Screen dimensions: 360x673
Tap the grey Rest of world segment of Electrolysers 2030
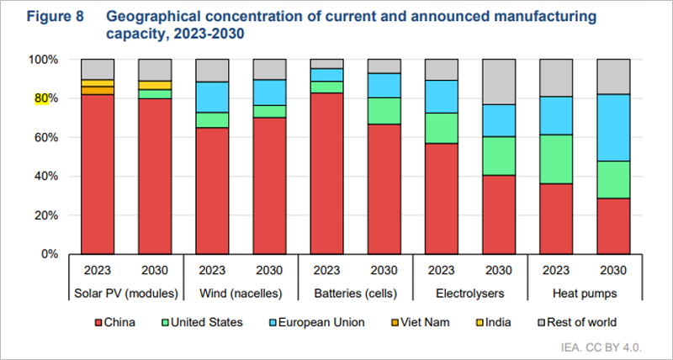[499, 82]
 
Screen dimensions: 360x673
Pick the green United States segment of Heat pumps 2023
[556, 159]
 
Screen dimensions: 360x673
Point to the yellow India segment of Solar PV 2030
[155, 85]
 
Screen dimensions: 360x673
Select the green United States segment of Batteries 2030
[384, 110]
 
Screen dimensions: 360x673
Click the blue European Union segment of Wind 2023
[212, 97]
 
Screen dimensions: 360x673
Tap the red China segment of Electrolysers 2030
[499, 214]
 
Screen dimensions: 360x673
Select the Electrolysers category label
[469, 294]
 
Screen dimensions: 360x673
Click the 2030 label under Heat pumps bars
[613, 272]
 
